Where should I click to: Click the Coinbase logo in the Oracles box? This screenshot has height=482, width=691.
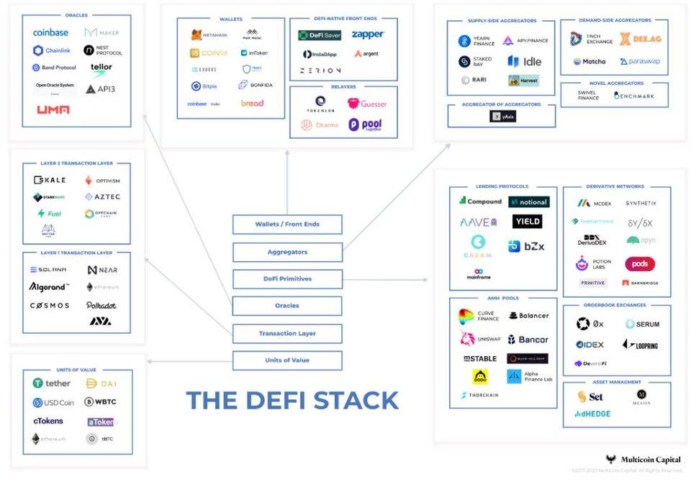pyautogui.click(x=50, y=32)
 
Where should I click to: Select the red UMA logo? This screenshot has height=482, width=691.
pyautogui.click(x=53, y=109)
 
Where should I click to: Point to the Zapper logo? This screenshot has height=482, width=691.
pyautogui.click(x=368, y=35)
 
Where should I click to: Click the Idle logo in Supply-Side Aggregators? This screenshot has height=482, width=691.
pyautogui.click(x=523, y=61)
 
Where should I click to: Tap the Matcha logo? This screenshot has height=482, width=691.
pyautogui.click(x=590, y=62)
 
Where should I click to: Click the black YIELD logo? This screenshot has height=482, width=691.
pyautogui.click(x=528, y=222)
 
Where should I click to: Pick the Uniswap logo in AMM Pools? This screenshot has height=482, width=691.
pyautogui.click(x=478, y=339)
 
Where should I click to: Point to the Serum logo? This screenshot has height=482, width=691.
pyautogui.click(x=642, y=324)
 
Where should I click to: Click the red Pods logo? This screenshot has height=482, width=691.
pyautogui.click(x=639, y=264)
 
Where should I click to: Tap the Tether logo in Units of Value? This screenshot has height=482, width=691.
pyautogui.click(x=51, y=383)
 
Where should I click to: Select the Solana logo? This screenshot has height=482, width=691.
pyautogui.click(x=48, y=270)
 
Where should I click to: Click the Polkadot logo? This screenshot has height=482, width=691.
pyautogui.click(x=101, y=305)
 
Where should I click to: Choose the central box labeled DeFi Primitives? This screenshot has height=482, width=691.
pyautogui.click(x=287, y=278)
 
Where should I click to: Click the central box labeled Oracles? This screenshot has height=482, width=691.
pyautogui.click(x=287, y=306)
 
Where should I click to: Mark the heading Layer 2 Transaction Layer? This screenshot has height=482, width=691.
pyautogui.click(x=76, y=164)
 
